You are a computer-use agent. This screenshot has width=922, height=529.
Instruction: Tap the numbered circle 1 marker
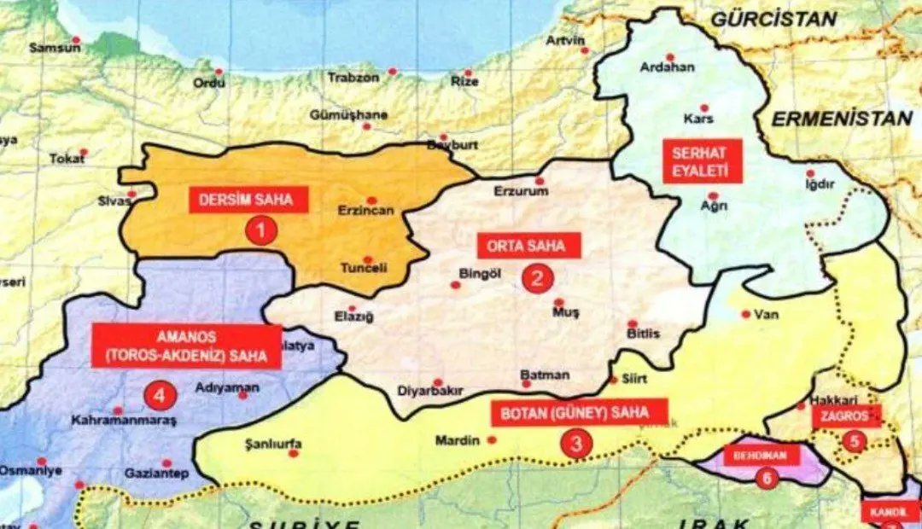click(261, 230)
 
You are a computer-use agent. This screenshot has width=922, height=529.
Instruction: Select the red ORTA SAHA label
click(527, 247)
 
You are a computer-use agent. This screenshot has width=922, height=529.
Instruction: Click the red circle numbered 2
click(538, 278)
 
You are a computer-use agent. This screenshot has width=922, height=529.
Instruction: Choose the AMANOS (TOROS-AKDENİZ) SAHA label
click(186, 346)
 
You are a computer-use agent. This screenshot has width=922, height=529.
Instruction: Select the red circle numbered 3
click(577, 444)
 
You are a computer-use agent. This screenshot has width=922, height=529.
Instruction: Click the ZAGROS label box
click(845, 416)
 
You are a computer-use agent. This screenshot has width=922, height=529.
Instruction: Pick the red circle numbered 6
click(766, 479)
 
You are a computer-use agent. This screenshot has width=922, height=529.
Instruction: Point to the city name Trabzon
click(353, 78)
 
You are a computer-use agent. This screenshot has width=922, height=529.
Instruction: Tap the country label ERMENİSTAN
click(842, 119)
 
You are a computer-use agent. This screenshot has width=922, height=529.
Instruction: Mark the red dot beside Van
click(746, 314)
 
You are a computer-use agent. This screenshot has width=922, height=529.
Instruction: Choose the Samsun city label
click(55, 48)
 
